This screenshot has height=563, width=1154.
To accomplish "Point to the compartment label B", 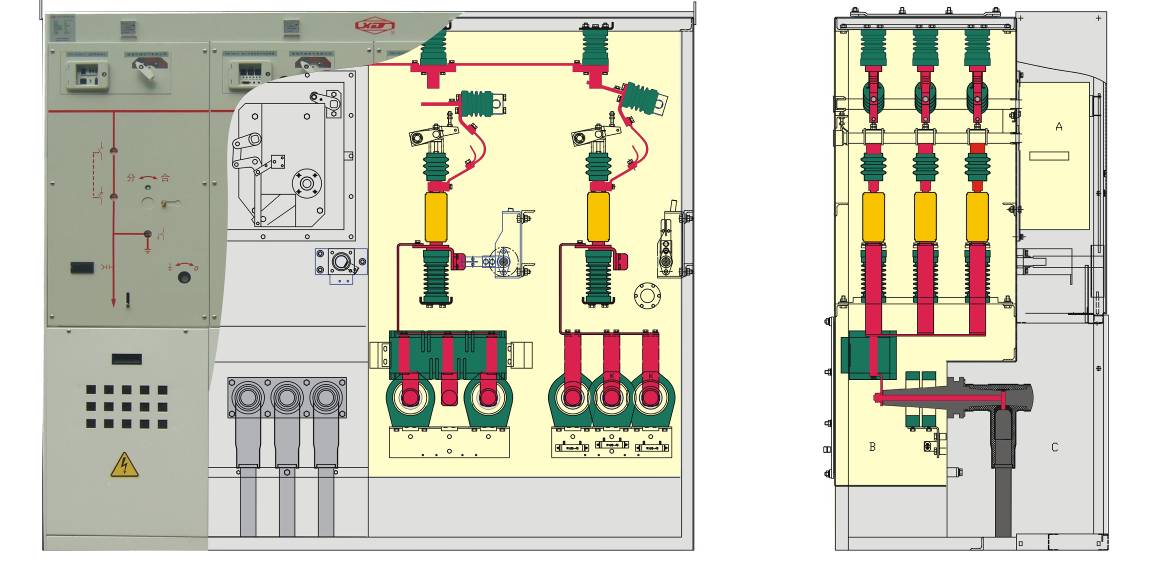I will [x=872, y=447].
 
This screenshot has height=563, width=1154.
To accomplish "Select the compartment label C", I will [x=1054, y=447].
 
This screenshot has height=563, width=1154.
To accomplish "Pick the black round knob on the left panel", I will [x=184, y=278].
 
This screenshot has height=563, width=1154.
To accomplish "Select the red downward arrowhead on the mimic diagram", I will [x=113, y=297].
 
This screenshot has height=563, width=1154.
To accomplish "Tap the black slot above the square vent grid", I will [x=126, y=358].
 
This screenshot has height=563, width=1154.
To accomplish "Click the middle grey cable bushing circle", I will [x=287, y=398].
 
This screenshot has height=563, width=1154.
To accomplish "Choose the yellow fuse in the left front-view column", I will [x=437, y=217].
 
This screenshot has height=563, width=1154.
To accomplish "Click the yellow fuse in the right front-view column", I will [x=597, y=217].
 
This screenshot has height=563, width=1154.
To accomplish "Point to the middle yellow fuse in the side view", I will [x=925, y=216].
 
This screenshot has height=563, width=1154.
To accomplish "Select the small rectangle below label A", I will [x=1048, y=156].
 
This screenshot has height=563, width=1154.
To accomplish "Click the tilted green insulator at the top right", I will [x=640, y=97].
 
